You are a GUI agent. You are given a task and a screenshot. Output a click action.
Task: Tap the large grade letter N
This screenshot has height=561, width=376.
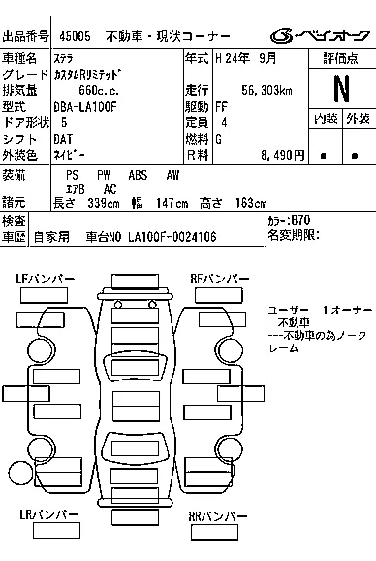340,88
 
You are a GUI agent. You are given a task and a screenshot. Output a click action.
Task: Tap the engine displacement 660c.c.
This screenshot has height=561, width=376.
99,90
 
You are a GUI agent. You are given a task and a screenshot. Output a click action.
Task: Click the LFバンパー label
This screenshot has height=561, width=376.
45,279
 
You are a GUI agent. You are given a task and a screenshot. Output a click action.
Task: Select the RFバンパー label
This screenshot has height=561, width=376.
216,279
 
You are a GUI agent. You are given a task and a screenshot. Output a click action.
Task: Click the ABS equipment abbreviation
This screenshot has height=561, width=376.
138,175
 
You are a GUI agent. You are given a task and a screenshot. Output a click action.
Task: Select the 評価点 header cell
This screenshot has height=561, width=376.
341,58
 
